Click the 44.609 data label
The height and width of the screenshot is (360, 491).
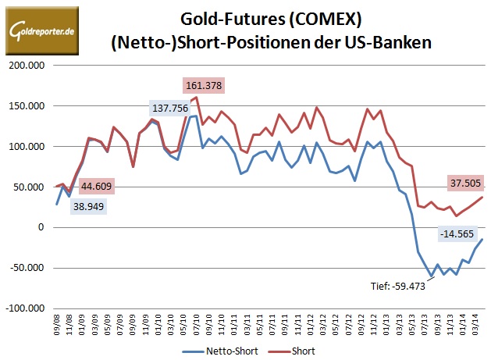click(x=99, y=185)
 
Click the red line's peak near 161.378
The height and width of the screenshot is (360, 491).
click(x=196, y=97)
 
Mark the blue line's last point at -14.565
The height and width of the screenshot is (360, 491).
click(x=482, y=239)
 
